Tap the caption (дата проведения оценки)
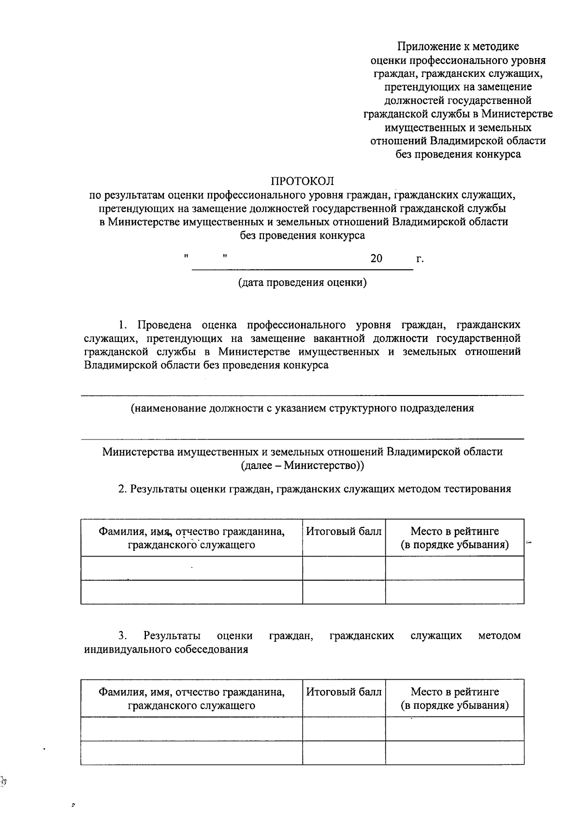click(x=302, y=282)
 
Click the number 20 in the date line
click(x=376, y=258)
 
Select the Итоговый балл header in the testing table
click(x=344, y=531)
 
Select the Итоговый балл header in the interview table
click(x=344, y=692)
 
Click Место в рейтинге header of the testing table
click(x=454, y=531)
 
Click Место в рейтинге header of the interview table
click(x=454, y=692)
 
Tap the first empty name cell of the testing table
click(x=191, y=568)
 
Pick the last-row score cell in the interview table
click(x=344, y=752)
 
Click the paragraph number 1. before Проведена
click(x=123, y=324)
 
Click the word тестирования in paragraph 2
click(x=477, y=488)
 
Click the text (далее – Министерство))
click(x=302, y=466)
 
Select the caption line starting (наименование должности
click(x=302, y=408)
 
